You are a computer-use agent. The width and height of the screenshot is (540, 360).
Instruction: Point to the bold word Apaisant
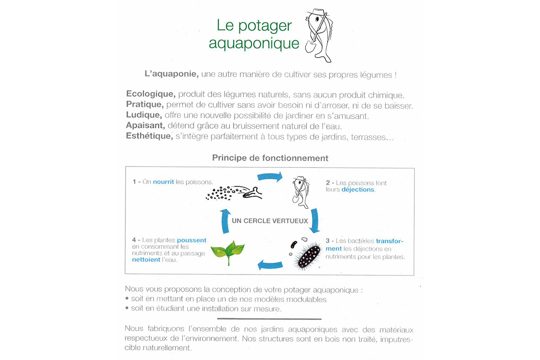pos(145,126)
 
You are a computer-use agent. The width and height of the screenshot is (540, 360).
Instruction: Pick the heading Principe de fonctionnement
pos(270,158)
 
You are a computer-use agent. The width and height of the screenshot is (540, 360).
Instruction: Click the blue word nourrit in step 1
pos(163,182)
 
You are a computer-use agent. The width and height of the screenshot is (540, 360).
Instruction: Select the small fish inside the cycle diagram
pos(301,192)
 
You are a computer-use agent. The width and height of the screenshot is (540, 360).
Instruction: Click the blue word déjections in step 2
pos(358,189)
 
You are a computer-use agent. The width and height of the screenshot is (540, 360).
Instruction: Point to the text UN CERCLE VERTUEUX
pos(270,221)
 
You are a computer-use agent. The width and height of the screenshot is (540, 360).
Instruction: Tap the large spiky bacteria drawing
pos(308,255)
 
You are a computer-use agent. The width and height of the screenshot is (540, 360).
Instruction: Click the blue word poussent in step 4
pos(192,240)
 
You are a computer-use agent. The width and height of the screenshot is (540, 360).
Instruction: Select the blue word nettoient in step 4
pos(146,260)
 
